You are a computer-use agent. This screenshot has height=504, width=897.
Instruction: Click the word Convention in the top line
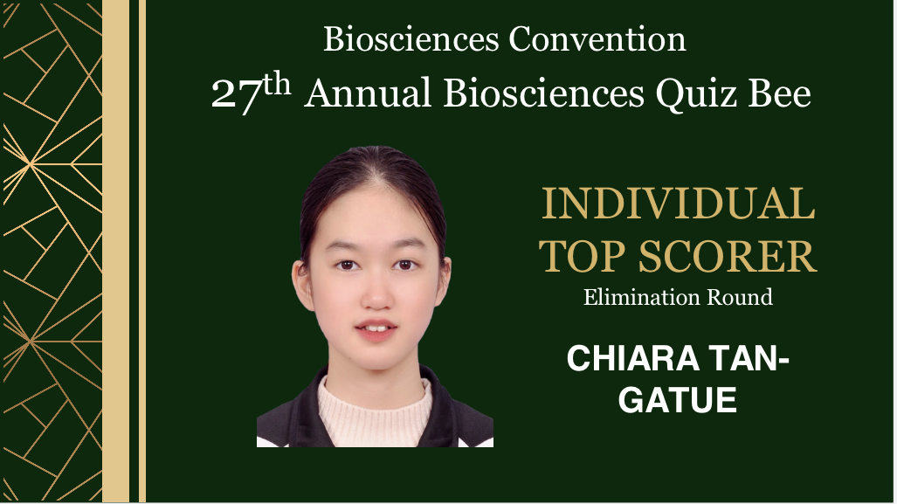[x=597, y=39]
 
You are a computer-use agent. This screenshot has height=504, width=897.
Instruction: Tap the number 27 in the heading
[x=237, y=93]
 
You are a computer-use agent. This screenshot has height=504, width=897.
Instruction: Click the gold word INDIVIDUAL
[x=678, y=204]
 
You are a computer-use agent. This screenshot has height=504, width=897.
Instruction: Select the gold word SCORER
[x=728, y=256]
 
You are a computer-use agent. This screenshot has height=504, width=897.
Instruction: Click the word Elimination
[x=642, y=297]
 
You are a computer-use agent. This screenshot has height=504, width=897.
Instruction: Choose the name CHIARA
[x=632, y=358]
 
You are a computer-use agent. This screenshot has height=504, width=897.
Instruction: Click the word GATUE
[x=677, y=400]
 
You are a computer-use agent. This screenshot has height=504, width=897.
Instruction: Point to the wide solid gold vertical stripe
[x=115, y=252]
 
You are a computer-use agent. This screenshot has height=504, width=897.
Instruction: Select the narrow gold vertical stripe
[x=142, y=252]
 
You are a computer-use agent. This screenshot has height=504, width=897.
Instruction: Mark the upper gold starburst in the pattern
[x=30, y=165]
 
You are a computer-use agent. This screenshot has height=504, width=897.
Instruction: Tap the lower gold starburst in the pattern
[x=30, y=342]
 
